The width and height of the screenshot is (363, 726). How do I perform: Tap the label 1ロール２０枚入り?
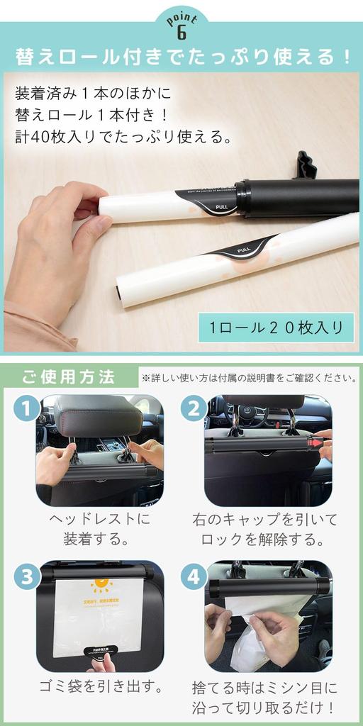click(x=276, y=328)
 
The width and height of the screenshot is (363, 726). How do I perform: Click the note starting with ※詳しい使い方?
click(x=249, y=377)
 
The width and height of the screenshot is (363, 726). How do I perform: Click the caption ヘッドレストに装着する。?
click(x=99, y=529)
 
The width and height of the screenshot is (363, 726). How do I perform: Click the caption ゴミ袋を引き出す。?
click(x=99, y=687)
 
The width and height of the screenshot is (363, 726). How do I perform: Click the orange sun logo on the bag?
click(x=101, y=586)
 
